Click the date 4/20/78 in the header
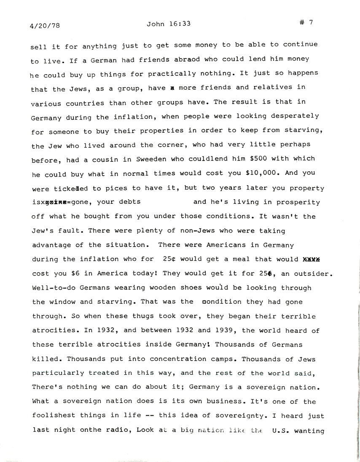point(46,25)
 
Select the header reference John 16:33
point(169,24)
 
